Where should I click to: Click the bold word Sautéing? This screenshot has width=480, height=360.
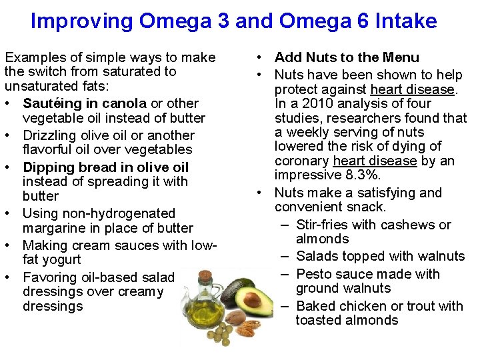[x=51, y=103]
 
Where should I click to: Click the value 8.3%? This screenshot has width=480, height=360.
[x=364, y=175]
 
